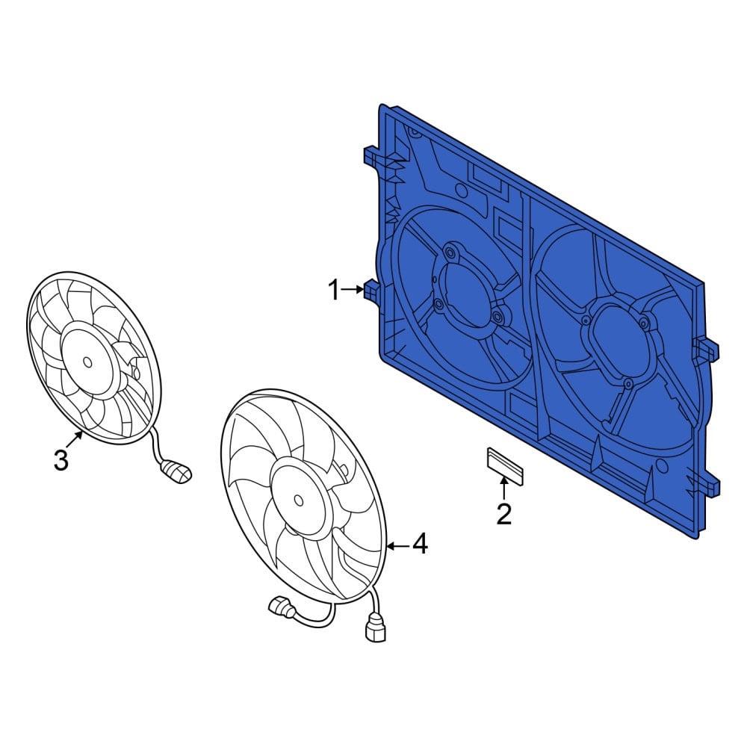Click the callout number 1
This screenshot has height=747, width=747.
tap(335, 290)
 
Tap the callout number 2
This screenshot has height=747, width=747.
tap(504, 514)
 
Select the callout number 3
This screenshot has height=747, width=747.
tap(61, 460)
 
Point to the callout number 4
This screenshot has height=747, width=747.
tap(419, 545)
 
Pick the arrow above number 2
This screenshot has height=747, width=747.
tap(503, 488)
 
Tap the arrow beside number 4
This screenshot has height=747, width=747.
tap(398, 546)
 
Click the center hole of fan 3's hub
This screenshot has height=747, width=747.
tap(87, 362)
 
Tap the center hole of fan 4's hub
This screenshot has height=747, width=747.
tap(298, 500)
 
